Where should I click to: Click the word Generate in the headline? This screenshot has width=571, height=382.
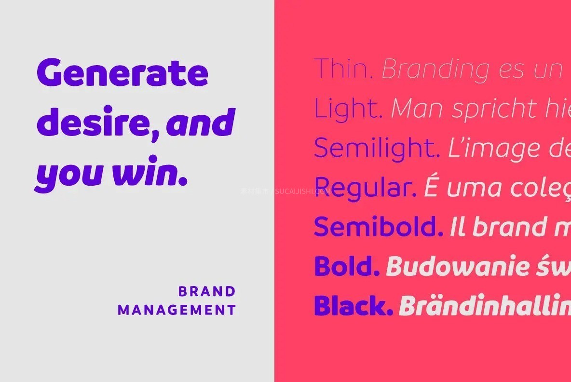coord(122,73)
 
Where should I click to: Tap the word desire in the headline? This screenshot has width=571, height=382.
coord(96,123)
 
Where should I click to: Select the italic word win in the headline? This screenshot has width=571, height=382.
coord(145,175)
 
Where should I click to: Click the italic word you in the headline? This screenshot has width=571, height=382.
coord(68,176)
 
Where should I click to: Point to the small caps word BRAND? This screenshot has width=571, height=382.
coord(207,291)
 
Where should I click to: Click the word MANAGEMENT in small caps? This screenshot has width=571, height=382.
coord(177,310)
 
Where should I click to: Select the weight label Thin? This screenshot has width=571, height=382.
coord(343,69)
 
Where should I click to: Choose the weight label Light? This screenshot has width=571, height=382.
coord(347,109)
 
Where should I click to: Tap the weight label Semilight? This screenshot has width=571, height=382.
coord(376,148)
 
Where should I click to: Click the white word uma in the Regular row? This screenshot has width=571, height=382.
coord(470,188)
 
